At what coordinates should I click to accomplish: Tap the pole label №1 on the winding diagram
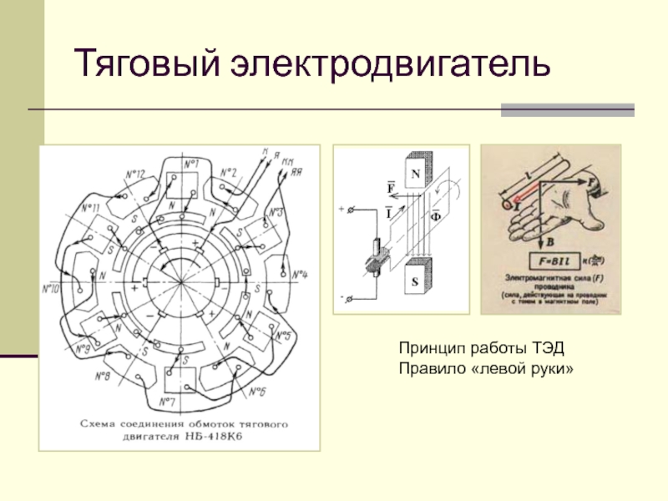(192, 163)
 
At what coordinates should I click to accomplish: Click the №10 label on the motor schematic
(51, 289)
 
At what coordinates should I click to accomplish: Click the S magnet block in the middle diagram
(415, 282)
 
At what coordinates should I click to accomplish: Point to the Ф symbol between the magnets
(435, 215)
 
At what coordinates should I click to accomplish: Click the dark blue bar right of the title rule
(567, 109)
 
